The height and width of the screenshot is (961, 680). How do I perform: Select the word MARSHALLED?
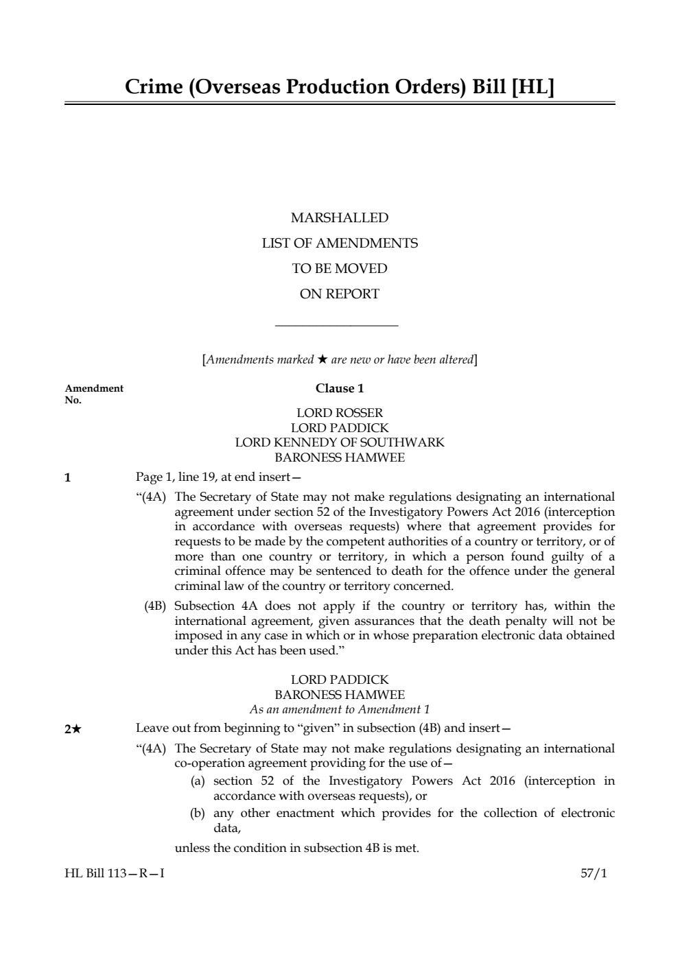tap(340, 218)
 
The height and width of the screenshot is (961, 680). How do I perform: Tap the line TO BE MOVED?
tap(340, 269)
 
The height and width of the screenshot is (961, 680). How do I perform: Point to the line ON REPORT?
tap(340, 294)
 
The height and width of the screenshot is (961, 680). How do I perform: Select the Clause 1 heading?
tap(340, 388)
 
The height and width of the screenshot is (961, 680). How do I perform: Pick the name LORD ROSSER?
tap(340, 413)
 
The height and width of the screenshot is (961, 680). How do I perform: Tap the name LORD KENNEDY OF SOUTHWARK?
tap(340, 442)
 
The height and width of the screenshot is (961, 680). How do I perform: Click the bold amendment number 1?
tap(67, 478)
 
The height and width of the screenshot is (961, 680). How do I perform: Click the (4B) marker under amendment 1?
tap(155, 606)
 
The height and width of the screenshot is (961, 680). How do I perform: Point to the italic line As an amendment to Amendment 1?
tap(340, 710)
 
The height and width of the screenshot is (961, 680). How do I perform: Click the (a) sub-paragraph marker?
tap(198, 781)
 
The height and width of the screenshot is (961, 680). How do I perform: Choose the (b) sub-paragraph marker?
tap(198, 814)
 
